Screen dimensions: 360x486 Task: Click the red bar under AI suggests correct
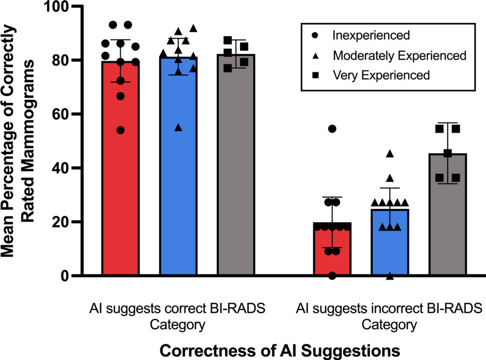(x=121, y=195)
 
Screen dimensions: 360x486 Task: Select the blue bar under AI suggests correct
(x=178, y=195)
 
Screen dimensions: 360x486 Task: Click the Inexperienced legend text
(x=371, y=36)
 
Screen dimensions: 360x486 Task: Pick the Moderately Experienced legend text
(x=399, y=55)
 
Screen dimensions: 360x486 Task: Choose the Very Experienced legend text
(x=382, y=75)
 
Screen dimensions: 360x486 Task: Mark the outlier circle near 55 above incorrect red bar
(x=332, y=129)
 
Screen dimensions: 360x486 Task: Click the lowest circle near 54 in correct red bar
(x=121, y=130)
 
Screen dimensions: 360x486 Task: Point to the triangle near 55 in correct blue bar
(x=178, y=127)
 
